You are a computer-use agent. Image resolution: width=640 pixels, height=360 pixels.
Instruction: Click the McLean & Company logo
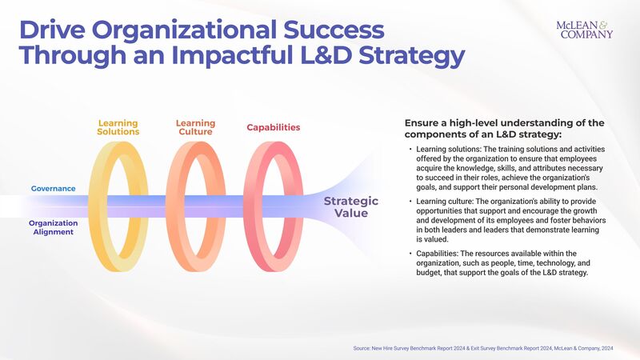point(584,30)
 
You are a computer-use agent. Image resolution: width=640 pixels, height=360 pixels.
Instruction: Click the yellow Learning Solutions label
point(118,127)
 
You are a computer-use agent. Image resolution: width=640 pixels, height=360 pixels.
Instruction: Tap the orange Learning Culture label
point(195,127)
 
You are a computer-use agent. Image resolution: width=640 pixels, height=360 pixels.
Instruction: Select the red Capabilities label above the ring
point(274,127)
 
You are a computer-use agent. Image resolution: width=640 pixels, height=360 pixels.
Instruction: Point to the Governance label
point(54,189)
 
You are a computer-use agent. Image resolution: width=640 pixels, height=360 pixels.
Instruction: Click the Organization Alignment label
point(53,227)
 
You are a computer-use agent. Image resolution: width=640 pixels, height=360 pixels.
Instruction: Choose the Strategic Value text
point(350,206)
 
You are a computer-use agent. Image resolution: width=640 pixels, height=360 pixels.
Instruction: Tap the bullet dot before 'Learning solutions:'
point(410,150)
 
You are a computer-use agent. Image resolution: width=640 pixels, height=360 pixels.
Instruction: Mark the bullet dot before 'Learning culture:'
point(410,201)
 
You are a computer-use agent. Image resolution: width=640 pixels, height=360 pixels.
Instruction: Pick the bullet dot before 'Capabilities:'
point(410,254)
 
